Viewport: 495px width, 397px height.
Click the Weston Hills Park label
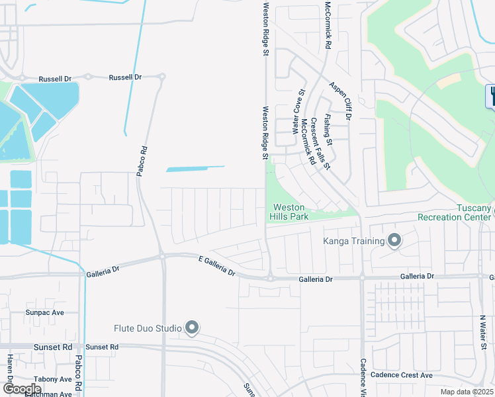pyautogui.click(x=289, y=212)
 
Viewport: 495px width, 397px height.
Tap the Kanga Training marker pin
pyautogui.click(x=394, y=240)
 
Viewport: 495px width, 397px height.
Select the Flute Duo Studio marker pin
pyautogui.click(x=193, y=328)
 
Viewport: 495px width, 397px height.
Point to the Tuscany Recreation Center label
pyautogui.click(x=455, y=212)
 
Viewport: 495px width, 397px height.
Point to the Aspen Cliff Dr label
pyautogui.click(x=343, y=101)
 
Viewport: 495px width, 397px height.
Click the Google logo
pyautogui.click(x=22, y=389)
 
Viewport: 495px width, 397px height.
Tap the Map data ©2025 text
pyautogui.click(x=467, y=392)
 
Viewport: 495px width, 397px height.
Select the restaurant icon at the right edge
pyautogui.click(x=492, y=97)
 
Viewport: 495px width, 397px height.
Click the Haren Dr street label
pyautogui.click(x=10, y=371)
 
